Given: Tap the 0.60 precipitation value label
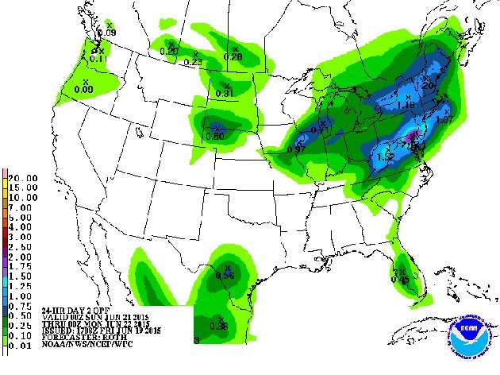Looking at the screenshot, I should point(213,136).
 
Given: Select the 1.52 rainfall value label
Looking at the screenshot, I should point(387,157).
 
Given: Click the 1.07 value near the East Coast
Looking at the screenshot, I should point(444,119).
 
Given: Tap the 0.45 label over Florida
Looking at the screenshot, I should point(400,279).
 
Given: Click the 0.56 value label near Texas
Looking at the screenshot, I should point(225,275).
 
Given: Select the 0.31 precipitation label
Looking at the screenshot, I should point(225,94).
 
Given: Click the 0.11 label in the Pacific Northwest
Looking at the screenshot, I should point(98,57).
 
